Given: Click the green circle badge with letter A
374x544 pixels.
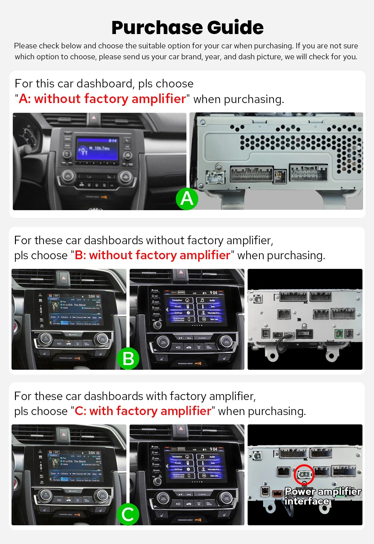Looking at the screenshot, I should click(x=187, y=199).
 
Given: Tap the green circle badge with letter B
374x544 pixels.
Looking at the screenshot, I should click(x=128, y=359).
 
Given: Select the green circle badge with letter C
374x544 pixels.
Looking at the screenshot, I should click(x=128, y=514).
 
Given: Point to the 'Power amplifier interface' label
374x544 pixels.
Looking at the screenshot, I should click(x=323, y=496).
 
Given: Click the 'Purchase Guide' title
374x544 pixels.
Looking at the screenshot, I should click(x=187, y=27).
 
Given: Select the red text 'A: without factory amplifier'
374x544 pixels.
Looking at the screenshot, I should click(x=102, y=99).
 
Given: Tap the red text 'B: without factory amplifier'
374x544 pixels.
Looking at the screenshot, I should click(x=152, y=255).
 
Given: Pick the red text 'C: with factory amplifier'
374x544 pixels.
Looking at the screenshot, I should click(x=143, y=411).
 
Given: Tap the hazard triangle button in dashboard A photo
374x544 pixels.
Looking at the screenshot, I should click(x=94, y=118).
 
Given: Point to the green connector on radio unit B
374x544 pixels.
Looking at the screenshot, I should click(x=339, y=334).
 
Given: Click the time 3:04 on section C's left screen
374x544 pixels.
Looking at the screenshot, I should click(x=91, y=453).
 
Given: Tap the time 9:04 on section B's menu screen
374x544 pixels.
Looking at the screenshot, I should click(x=213, y=293).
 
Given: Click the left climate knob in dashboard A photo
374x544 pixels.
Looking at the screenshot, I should click(x=67, y=176).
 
